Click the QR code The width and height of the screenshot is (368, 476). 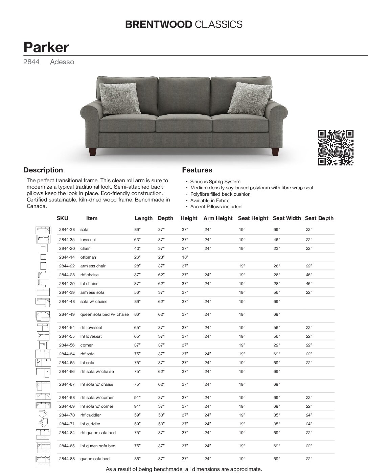point(336,148)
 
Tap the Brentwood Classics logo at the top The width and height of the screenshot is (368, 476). point(184,24)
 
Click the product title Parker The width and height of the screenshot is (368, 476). point(46,47)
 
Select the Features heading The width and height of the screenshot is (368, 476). point(197,170)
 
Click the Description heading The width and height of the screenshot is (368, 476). point(43,170)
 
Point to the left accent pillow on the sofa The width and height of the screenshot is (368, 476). point(119,98)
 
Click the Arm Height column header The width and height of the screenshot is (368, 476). point(218,218)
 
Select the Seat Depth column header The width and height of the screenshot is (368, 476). point(319,218)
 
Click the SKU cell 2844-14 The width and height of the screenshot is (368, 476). point(67,257)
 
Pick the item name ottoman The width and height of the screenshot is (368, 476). point(88,257)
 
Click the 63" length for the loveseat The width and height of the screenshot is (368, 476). point(137,240)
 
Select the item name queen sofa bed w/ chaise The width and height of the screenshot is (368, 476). point(104,314)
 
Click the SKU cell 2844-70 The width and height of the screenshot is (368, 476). point(67,415)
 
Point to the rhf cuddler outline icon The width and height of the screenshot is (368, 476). point(43,414)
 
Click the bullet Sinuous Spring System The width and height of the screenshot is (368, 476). point(215,182)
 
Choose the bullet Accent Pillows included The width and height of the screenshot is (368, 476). point(216,207)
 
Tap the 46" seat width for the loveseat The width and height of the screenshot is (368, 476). point(277,240)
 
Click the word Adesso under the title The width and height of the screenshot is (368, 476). point(62,62)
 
